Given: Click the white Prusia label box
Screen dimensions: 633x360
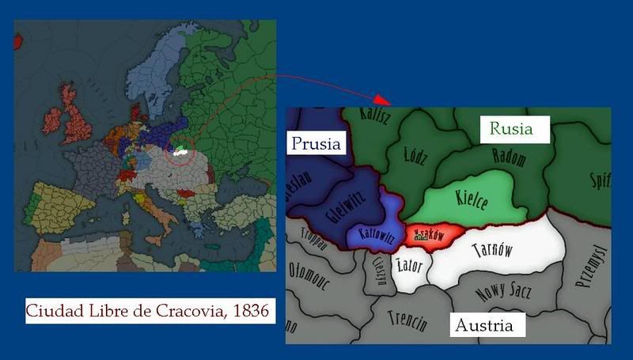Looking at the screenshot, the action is tap(316, 143).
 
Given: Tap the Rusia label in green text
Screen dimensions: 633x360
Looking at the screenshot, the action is tap(510, 128).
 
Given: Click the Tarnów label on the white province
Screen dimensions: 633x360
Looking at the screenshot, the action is tap(492, 251).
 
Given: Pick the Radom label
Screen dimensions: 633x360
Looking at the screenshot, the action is tap(509, 157).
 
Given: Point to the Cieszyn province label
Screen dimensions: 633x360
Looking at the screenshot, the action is tap(378, 271).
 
